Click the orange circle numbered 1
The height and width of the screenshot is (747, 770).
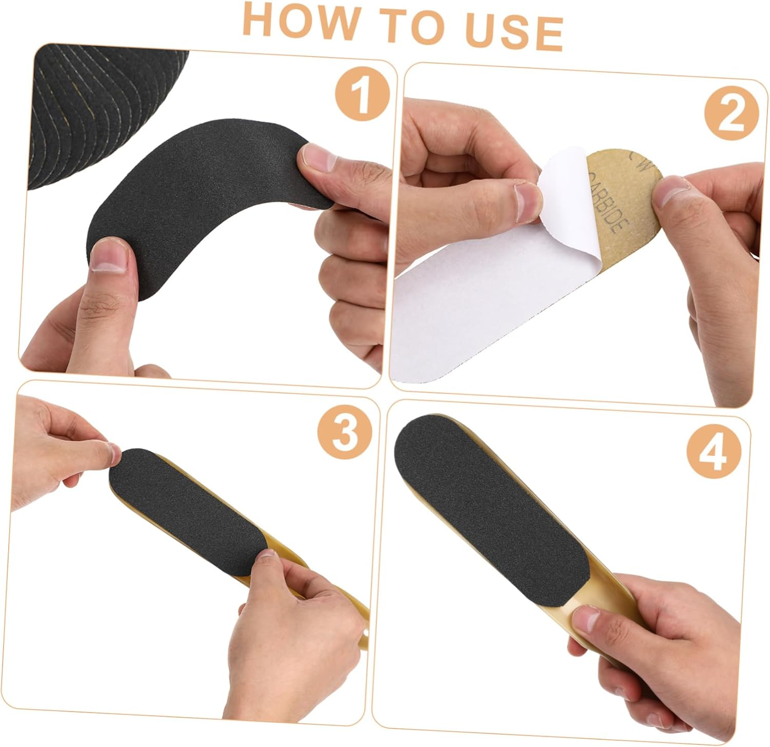(362, 92)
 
